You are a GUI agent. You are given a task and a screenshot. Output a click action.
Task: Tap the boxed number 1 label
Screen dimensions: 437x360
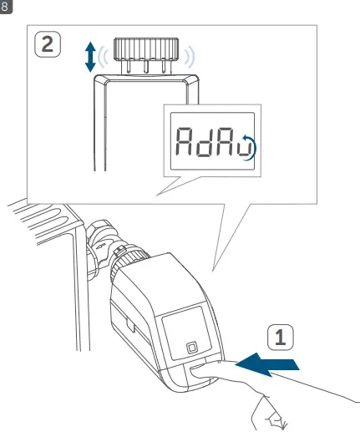point(281,337)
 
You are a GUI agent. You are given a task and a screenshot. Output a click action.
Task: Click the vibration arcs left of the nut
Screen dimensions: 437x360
point(104,57)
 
